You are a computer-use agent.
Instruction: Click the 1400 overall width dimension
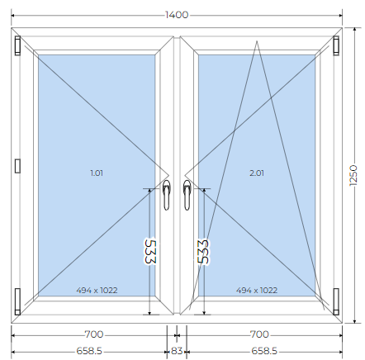177,15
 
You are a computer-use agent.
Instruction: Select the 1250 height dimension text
353,176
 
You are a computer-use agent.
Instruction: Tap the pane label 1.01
97,173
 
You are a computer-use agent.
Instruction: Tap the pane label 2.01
257,173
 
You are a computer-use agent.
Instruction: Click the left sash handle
167,195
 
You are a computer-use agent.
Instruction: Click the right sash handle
187,195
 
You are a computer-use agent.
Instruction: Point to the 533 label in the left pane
150,252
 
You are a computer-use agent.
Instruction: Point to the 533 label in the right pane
203,252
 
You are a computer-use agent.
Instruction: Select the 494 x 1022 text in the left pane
97,291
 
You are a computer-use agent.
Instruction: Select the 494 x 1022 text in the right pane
257,291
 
